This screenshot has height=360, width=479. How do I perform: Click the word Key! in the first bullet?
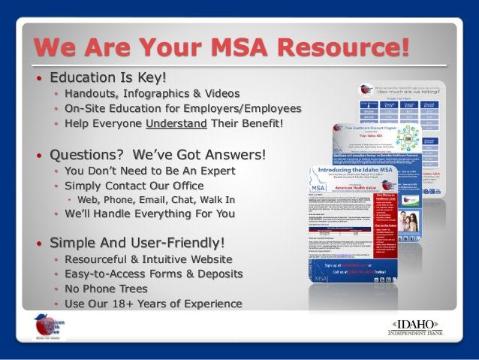click(x=148, y=77)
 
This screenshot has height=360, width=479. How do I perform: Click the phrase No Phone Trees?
click(x=109, y=289)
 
